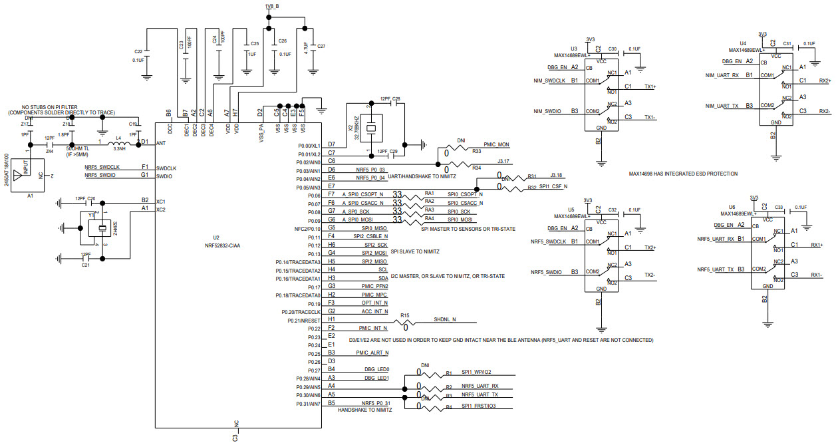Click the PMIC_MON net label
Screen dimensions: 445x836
(x=496, y=144)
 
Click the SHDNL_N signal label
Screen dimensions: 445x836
(x=445, y=319)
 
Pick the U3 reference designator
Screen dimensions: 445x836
(x=573, y=49)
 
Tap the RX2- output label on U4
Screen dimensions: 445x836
(x=824, y=111)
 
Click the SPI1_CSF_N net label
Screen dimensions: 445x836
(x=553, y=186)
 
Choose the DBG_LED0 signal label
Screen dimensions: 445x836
(x=376, y=369)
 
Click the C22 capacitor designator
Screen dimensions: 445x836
(x=138, y=51)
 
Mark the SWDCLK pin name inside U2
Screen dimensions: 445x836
(x=167, y=168)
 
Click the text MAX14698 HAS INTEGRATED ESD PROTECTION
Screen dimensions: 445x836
(x=683, y=174)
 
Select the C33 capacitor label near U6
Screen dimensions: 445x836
(x=779, y=208)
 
